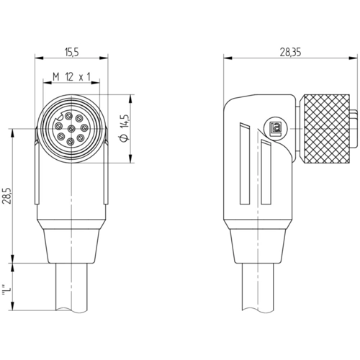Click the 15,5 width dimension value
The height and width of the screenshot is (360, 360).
point(71,52)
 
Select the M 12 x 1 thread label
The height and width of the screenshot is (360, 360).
point(71,77)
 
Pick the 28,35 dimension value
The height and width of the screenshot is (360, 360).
point(290,52)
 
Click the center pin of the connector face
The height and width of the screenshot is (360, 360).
point(71,129)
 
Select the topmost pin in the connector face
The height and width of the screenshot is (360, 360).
point(68,116)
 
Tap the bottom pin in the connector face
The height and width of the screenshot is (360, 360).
point(70,142)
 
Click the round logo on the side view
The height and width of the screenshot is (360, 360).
point(275,127)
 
